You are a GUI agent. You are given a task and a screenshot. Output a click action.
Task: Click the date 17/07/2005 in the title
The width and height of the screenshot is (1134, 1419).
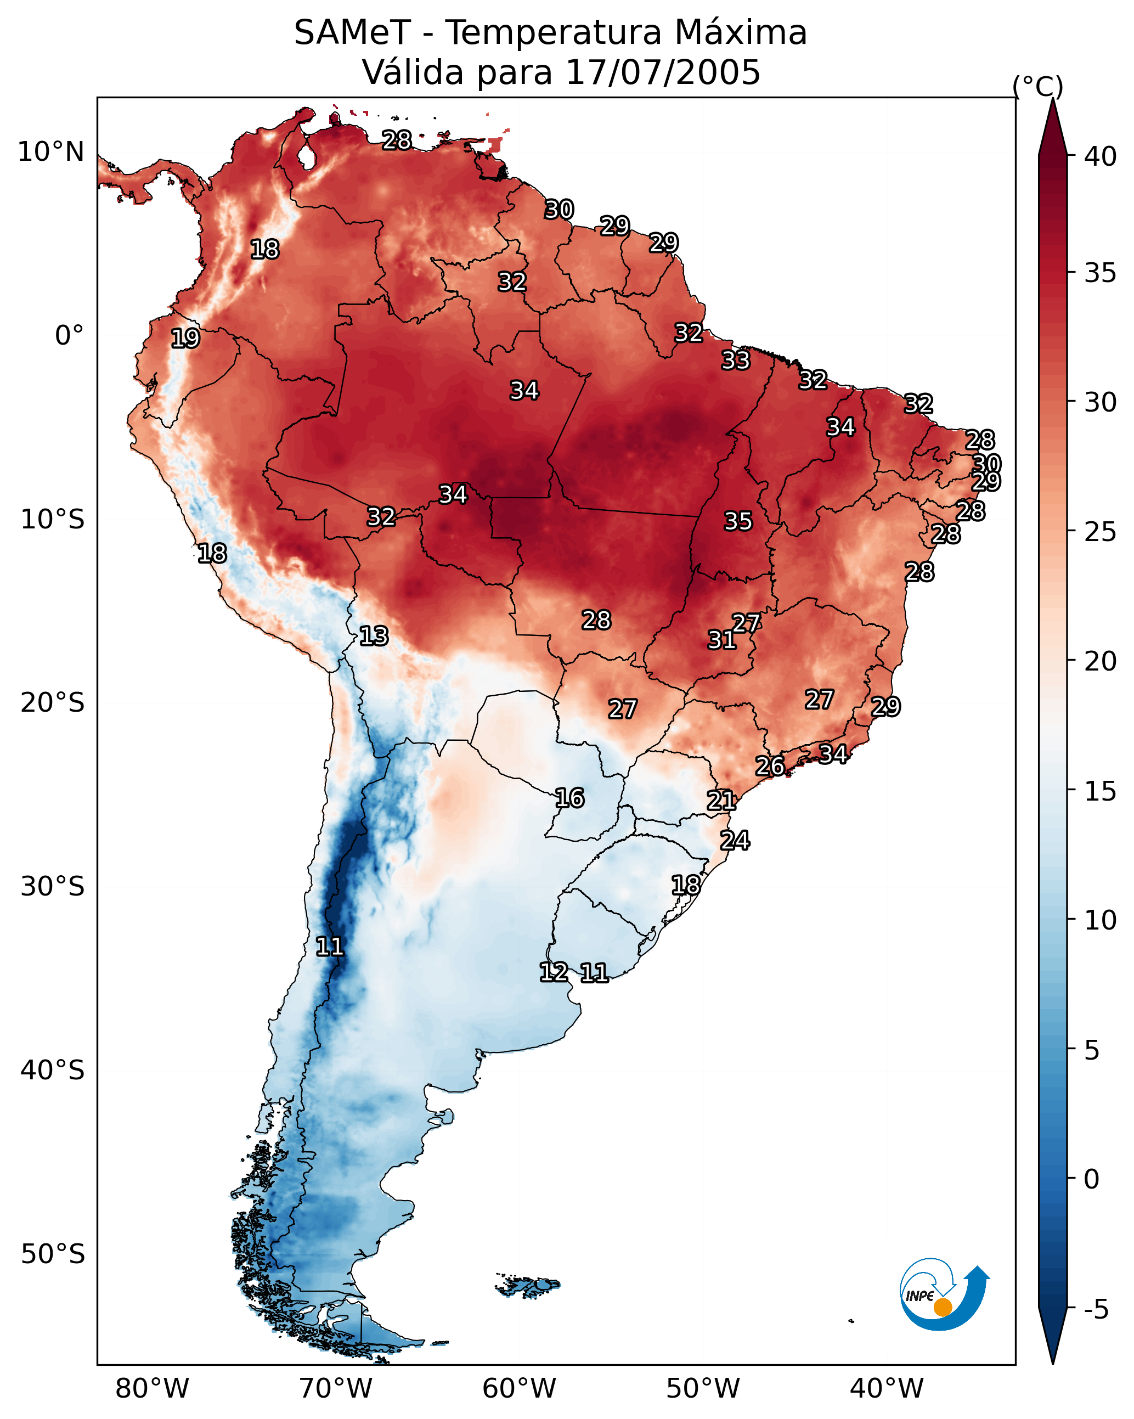[662, 72]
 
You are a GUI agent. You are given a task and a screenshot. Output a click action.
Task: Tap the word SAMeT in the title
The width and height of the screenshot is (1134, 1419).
[352, 33]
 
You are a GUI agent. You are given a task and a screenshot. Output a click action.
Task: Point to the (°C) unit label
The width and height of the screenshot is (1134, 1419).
[1038, 86]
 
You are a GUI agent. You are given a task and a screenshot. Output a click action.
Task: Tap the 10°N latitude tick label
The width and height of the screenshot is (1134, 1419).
[50, 152]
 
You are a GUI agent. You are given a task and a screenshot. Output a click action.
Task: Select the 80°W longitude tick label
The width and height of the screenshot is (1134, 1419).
[152, 1389]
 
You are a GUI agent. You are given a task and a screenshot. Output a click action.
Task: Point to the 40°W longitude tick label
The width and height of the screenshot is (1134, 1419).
[887, 1389]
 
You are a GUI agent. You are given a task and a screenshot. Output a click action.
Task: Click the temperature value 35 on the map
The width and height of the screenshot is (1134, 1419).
[738, 521]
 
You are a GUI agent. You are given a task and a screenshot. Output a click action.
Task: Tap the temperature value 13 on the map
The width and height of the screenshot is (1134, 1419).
[374, 636]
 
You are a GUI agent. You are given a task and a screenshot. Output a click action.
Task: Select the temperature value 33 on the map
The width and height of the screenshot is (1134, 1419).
[735, 360]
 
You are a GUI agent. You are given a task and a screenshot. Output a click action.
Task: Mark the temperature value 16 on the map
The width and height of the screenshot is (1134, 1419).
[569, 798]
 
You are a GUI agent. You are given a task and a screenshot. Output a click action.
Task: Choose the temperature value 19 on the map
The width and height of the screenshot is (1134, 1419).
[185, 339]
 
